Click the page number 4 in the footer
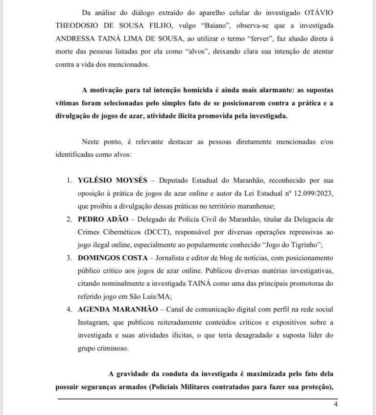coord(336,404)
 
